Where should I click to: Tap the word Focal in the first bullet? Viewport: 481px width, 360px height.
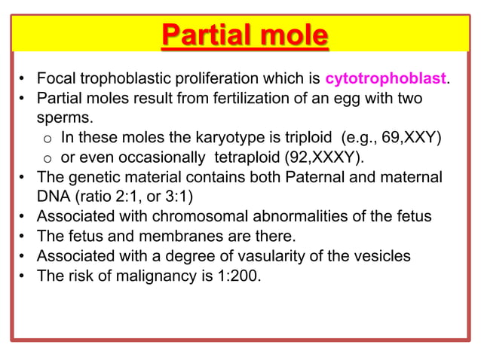point(57,79)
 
